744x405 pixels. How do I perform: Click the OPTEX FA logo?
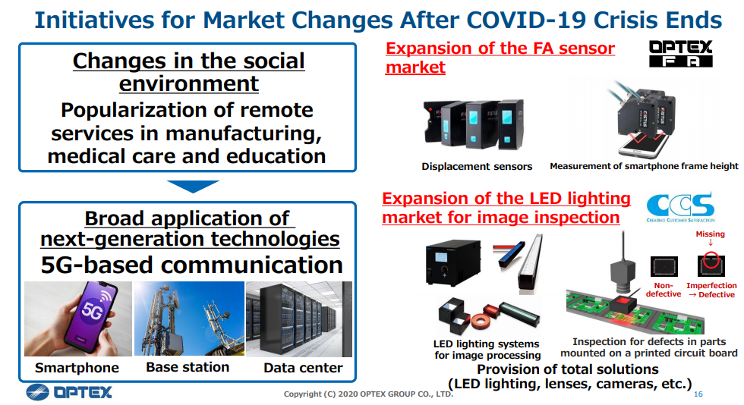click(x=680, y=54)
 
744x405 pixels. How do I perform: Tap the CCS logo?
click(x=680, y=207)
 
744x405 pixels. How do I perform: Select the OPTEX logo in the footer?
click(x=69, y=392)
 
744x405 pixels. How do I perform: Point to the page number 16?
click(x=698, y=394)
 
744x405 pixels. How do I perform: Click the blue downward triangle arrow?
click(x=193, y=186)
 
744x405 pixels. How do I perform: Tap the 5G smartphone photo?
click(x=78, y=319)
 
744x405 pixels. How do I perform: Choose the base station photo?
click(x=189, y=319)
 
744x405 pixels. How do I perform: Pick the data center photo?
click(x=299, y=319)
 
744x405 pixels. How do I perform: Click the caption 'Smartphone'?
click(x=77, y=368)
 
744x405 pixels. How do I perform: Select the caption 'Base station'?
click(x=188, y=368)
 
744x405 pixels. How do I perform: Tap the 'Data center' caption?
click(x=303, y=368)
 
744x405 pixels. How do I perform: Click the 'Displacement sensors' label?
click(x=477, y=166)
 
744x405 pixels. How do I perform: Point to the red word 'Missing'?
click(x=710, y=234)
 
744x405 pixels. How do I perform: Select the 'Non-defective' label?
click(x=664, y=290)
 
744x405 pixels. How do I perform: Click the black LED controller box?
click(x=452, y=262)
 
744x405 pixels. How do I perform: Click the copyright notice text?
click(x=368, y=394)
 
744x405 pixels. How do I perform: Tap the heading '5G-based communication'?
click(x=191, y=265)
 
